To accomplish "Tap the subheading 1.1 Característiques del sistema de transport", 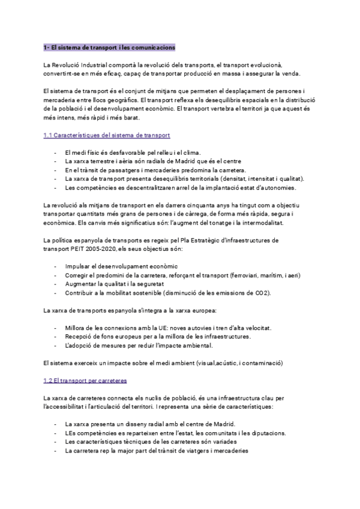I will pyautogui.click(x=107, y=136).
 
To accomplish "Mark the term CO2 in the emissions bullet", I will pyautogui.click(x=260, y=292).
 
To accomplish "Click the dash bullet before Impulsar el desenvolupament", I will pyautogui.click(x=56, y=266).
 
